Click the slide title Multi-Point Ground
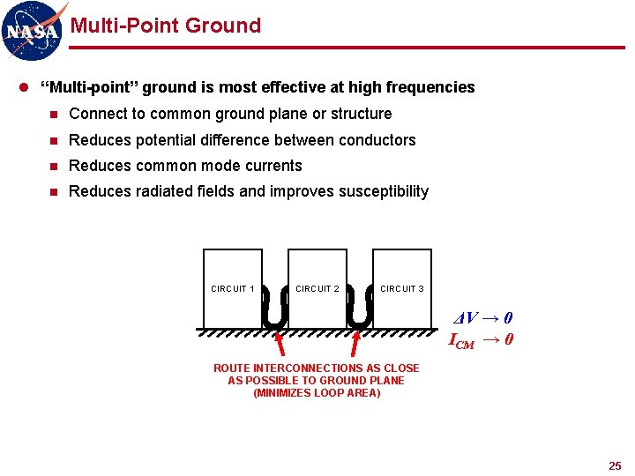(165, 26)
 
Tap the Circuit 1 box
(233, 288)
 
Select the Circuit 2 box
(317, 288)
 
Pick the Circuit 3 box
(402, 288)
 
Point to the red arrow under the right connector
(355, 342)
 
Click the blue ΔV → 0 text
(483, 318)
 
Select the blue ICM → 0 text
(481, 339)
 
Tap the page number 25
(615, 465)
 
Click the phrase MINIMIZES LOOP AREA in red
(317, 393)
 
